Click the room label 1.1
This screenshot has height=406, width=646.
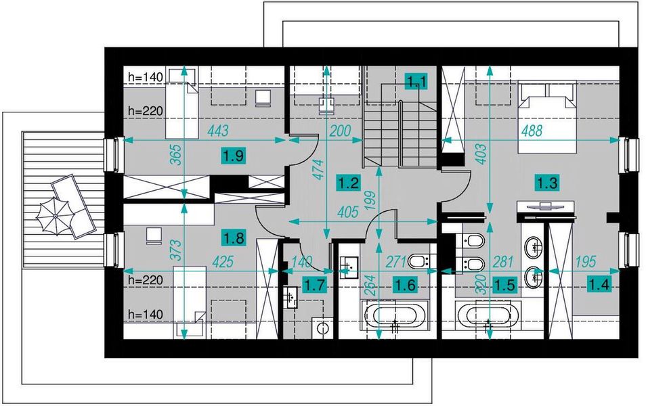tap(416, 81)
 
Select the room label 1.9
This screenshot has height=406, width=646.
tap(234, 156)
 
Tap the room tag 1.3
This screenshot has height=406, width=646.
tap(547, 183)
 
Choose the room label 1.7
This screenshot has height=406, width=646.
tap(315, 285)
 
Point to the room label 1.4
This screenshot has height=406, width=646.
tap(599, 284)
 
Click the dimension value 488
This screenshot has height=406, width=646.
tap(532, 131)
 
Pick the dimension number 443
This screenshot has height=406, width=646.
tap(218, 131)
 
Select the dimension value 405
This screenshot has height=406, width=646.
tap(348, 212)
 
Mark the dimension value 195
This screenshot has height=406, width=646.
tap(585, 261)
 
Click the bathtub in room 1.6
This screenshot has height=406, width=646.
tap(395, 315)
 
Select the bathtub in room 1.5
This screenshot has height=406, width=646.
tap(489, 315)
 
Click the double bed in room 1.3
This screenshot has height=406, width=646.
tap(547, 117)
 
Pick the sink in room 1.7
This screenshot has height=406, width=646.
tap(292, 297)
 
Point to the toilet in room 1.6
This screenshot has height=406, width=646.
tap(420, 261)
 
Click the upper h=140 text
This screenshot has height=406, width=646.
tap(146, 77)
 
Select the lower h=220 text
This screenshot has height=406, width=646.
tap(146, 280)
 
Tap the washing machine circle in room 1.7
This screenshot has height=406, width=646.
tap(322, 329)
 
